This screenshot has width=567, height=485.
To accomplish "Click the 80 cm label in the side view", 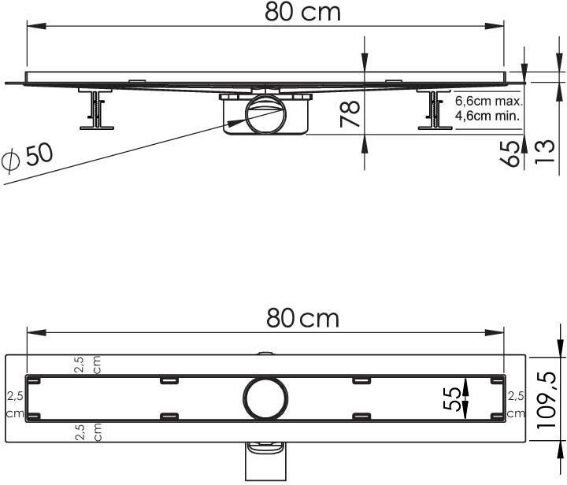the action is click(x=302, y=13).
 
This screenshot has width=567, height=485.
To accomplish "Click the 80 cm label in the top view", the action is click(x=302, y=318).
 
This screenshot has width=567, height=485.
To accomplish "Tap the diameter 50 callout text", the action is click(x=27, y=157).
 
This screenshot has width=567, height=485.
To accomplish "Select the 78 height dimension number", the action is click(x=350, y=114).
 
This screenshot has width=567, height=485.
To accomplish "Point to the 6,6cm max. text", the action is click(x=489, y=102).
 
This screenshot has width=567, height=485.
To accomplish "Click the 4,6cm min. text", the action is click(x=487, y=116).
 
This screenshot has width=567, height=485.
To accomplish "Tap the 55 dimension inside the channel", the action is click(x=452, y=399).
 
